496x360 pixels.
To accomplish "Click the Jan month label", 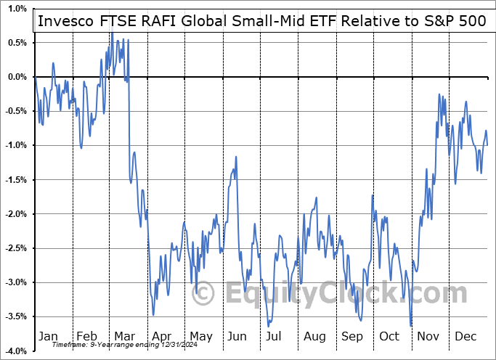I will [x=49, y=337].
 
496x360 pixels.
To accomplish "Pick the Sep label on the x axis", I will [x=352, y=337].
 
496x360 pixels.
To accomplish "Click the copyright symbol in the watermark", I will [x=204, y=293].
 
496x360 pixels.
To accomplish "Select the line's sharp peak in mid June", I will [x=235, y=157].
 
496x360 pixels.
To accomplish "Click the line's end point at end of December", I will [x=487, y=145].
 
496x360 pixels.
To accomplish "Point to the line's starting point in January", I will [x=35, y=77].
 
